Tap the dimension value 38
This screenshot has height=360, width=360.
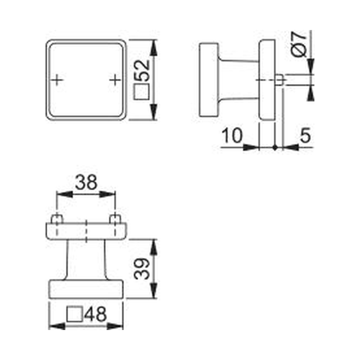[x=86, y=182]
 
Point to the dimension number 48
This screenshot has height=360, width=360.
[x=95, y=314]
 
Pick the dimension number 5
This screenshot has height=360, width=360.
[x=305, y=135]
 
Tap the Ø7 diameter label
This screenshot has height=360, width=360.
[x=299, y=44]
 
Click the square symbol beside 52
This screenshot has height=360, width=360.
[x=142, y=91]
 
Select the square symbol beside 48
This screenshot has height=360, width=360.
[x=74, y=314]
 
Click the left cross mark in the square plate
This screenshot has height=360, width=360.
[x=57, y=80]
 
